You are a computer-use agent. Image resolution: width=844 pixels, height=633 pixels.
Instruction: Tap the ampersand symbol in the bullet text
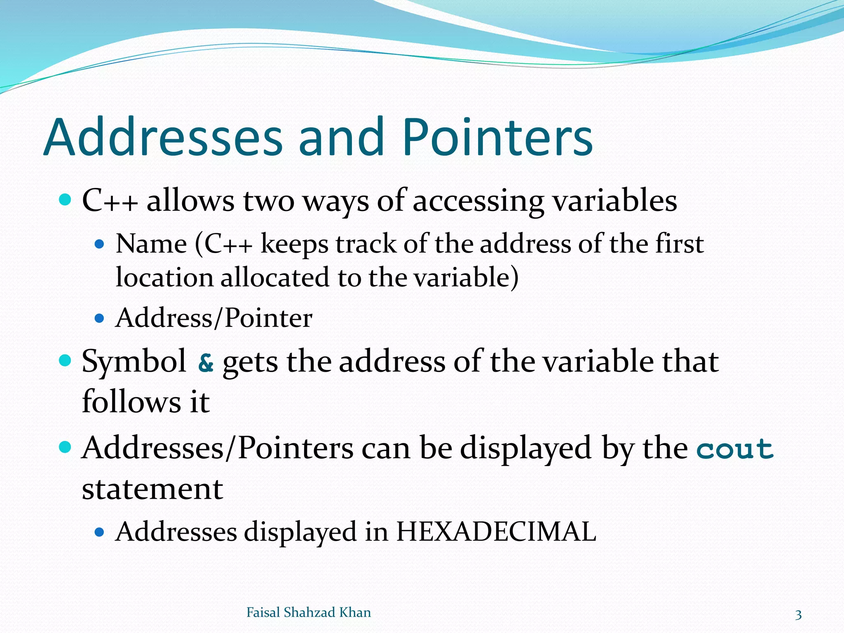click(206, 363)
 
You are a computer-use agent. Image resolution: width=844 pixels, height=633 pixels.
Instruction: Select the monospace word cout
click(735, 449)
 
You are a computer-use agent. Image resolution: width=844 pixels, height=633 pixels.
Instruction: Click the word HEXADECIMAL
click(496, 532)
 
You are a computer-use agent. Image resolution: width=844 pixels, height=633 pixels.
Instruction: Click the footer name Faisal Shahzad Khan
click(308, 613)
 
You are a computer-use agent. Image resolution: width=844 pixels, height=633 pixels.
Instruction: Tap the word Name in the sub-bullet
click(151, 244)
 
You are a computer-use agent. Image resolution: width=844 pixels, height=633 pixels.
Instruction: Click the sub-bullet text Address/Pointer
click(213, 319)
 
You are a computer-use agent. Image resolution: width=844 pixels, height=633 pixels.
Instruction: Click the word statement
click(152, 489)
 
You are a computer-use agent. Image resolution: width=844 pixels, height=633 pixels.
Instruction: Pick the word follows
click(131, 402)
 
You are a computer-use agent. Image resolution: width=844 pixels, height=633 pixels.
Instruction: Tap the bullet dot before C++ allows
click(65, 201)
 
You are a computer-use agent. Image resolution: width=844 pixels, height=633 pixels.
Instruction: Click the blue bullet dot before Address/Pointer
click(99, 319)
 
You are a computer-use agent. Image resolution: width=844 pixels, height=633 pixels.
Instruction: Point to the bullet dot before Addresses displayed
click(99, 532)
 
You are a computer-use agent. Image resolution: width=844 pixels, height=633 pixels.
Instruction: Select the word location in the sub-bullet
click(164, 277)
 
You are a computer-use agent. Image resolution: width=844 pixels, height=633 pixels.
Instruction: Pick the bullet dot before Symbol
click(65, 361)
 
